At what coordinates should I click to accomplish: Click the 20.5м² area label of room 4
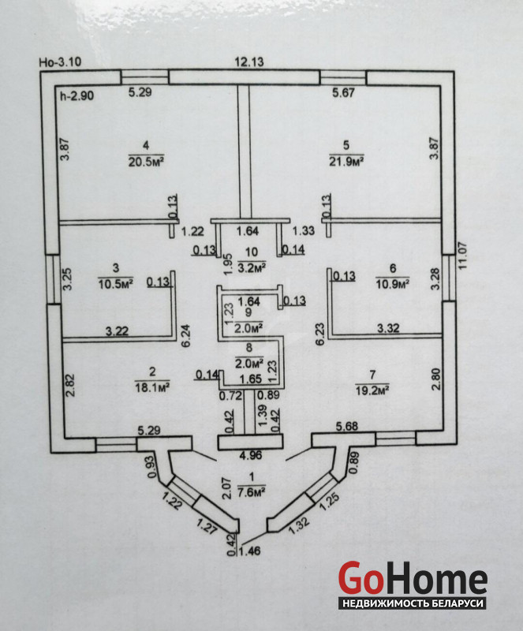coord(146,162)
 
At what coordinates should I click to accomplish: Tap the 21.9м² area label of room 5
coord(346,162)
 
